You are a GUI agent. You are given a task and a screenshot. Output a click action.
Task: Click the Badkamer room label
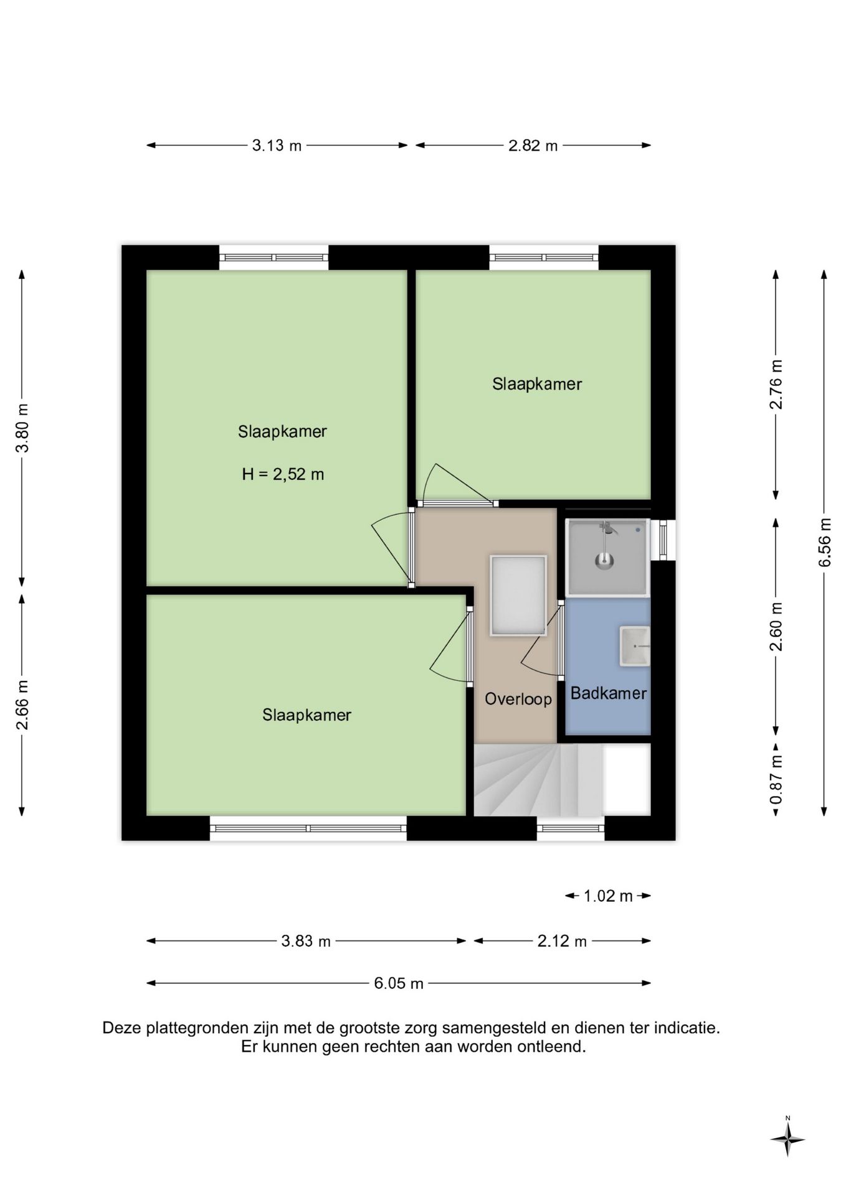coord(608,693)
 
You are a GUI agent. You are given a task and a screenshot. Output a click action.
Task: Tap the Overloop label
coord(518,699)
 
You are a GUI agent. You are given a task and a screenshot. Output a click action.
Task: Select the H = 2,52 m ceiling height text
coord(283,474)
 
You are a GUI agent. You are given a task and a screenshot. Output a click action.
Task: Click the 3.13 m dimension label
coord(277,146)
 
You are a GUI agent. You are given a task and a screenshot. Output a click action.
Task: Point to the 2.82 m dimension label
coord(533,146)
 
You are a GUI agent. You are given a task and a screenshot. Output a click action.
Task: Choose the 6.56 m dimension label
coord(825,542)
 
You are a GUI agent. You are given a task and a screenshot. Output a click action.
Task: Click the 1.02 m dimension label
coord(608,896)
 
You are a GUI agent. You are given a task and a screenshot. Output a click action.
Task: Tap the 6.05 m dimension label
coord(399,983)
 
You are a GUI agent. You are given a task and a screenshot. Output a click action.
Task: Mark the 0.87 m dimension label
coord(776,779)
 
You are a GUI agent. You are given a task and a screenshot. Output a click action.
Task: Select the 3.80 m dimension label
coord(22,428)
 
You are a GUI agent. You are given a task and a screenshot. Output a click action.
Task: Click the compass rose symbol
coord(788,1140)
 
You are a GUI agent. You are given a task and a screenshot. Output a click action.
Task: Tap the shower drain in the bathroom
coord(604,560)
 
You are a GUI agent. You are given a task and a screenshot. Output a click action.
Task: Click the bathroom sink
coord(635,647)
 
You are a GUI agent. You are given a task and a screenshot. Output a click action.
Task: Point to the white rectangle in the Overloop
coord(518,596)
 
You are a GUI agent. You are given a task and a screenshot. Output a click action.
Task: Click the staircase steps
coord(538,780)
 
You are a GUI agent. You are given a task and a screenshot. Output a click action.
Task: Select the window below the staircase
coord(571,828)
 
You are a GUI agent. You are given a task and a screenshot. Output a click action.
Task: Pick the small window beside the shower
coord(663,540)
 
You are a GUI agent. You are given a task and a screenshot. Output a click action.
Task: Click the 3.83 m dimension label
coord(306,941)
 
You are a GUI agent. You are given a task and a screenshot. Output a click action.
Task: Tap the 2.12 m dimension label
coord(562,941)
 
